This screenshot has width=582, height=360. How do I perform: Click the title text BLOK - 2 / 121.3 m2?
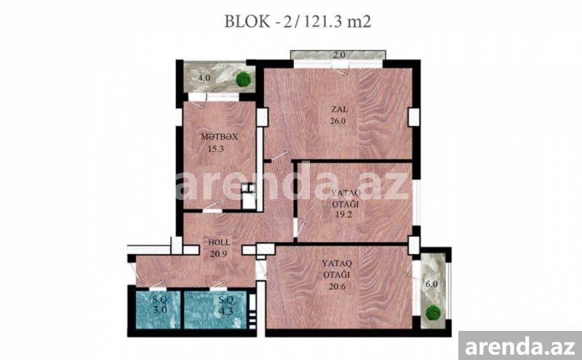click(298, 22)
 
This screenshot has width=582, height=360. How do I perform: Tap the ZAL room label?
click(340, 110)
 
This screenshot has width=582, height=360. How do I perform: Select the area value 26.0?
click(338, 121)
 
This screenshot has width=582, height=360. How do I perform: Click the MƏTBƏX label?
click(219, 137)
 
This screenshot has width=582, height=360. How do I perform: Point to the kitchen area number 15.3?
click(215, 149)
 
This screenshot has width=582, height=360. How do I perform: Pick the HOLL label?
click(219, 242)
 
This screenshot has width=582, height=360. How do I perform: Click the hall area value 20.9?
click(219, 255)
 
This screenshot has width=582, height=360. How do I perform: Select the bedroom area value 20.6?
click(337, 287)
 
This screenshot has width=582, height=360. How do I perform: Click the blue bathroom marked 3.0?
click(158, 310)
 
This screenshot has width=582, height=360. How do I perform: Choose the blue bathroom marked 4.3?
click(215, 310)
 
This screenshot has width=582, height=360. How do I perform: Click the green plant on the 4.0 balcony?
click(243, 79)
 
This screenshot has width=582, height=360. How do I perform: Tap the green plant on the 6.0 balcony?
click(433, 313)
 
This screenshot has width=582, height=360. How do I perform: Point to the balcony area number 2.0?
click(339, 55)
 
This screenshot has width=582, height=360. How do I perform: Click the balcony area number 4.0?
click(204, 79)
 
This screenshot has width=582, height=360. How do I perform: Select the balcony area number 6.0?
click(431, 284)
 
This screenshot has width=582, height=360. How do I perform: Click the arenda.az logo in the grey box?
click(520, 348)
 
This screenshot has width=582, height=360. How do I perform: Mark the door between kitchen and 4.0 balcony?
click(196, 101)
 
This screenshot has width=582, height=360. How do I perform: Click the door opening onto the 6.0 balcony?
click(411, 269)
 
